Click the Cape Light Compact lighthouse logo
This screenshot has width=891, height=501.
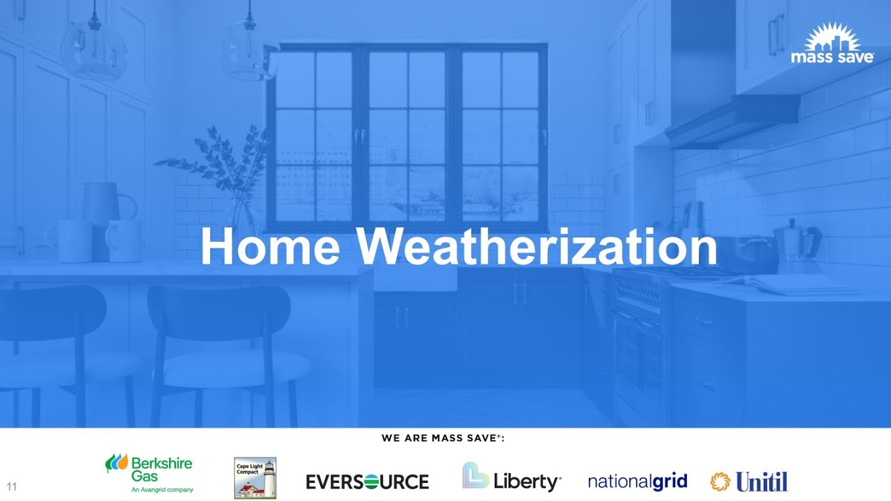click(255, 477)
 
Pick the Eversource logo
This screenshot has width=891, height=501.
click(368, 482)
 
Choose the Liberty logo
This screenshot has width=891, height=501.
click(512, 479)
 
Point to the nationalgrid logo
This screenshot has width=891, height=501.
click(637, 482)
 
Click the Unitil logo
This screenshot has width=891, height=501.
click(749, 482)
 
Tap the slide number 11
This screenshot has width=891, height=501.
click(11, 487)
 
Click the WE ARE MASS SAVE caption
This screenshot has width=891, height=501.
click(443, 438)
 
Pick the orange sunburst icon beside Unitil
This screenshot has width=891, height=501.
click(720, 482)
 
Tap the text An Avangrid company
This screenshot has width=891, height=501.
click(162, 490)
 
